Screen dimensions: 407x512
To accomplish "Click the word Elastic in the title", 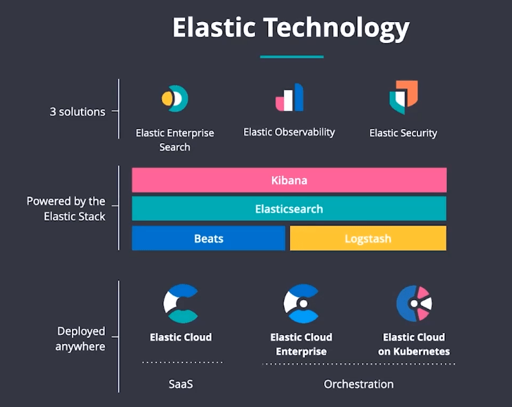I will (213, 28).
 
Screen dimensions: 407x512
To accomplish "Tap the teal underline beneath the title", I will (291, 57).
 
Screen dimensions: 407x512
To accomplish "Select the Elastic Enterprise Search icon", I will (175, 99).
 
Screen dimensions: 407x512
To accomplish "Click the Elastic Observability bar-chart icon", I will (289, 98).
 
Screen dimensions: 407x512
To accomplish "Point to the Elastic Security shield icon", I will (403, 97).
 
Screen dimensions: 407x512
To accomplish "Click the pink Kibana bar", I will (289, 181).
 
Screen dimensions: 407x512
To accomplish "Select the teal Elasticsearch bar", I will (289, 209).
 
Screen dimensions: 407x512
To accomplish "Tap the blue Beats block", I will (208, 238).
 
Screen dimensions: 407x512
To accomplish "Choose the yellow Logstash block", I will (368, 238).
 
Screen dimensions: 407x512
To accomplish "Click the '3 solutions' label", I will (77, 112).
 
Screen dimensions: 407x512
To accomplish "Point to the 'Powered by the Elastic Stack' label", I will (66, 209).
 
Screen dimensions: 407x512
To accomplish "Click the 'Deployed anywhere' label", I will (81, 338).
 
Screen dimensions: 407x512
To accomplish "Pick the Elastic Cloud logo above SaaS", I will (181, 303).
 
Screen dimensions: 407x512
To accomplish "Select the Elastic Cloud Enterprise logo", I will (301, 303).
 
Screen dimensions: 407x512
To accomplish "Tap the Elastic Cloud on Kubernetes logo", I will (414, 303).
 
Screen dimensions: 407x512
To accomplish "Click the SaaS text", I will (181, 384).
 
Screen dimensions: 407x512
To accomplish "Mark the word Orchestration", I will (358, 384).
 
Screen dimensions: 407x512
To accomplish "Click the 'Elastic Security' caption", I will (403, 133).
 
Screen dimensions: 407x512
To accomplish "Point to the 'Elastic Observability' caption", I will (289, 132).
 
